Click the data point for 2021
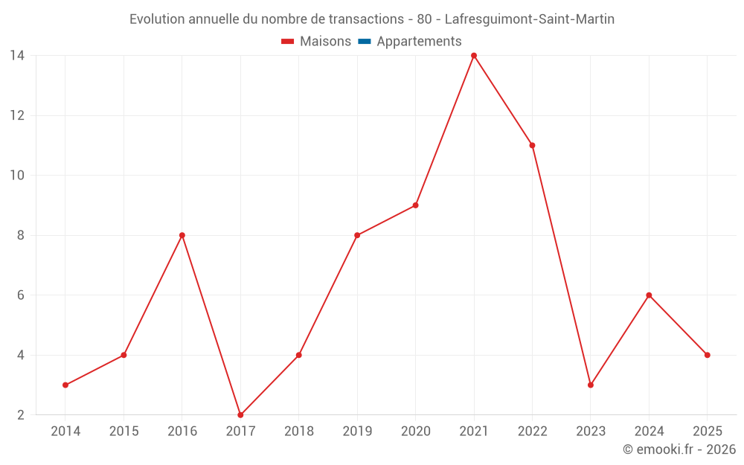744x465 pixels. (474, 56)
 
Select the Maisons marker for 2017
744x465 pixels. (240, 414)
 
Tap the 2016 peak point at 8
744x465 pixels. (182, 235)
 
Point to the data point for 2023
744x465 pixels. (591, 385)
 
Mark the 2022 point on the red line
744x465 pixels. (532, 145)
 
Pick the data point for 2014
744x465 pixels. (65, 385)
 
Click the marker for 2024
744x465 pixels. (649, 295)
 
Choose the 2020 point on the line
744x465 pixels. (415, 205)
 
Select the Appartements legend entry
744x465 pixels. (419, 42)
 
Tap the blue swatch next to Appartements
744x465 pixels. (364, 42)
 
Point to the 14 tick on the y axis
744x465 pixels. (17, 56)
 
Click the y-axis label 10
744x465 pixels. (17, 176)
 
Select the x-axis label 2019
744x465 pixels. (357, 432)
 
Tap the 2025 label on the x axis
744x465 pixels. (707, 432)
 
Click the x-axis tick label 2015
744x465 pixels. (124, 432)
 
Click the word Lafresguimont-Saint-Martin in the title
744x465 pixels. (529, 19)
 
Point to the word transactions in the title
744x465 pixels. (366, 19)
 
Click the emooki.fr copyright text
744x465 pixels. (679, 449)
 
